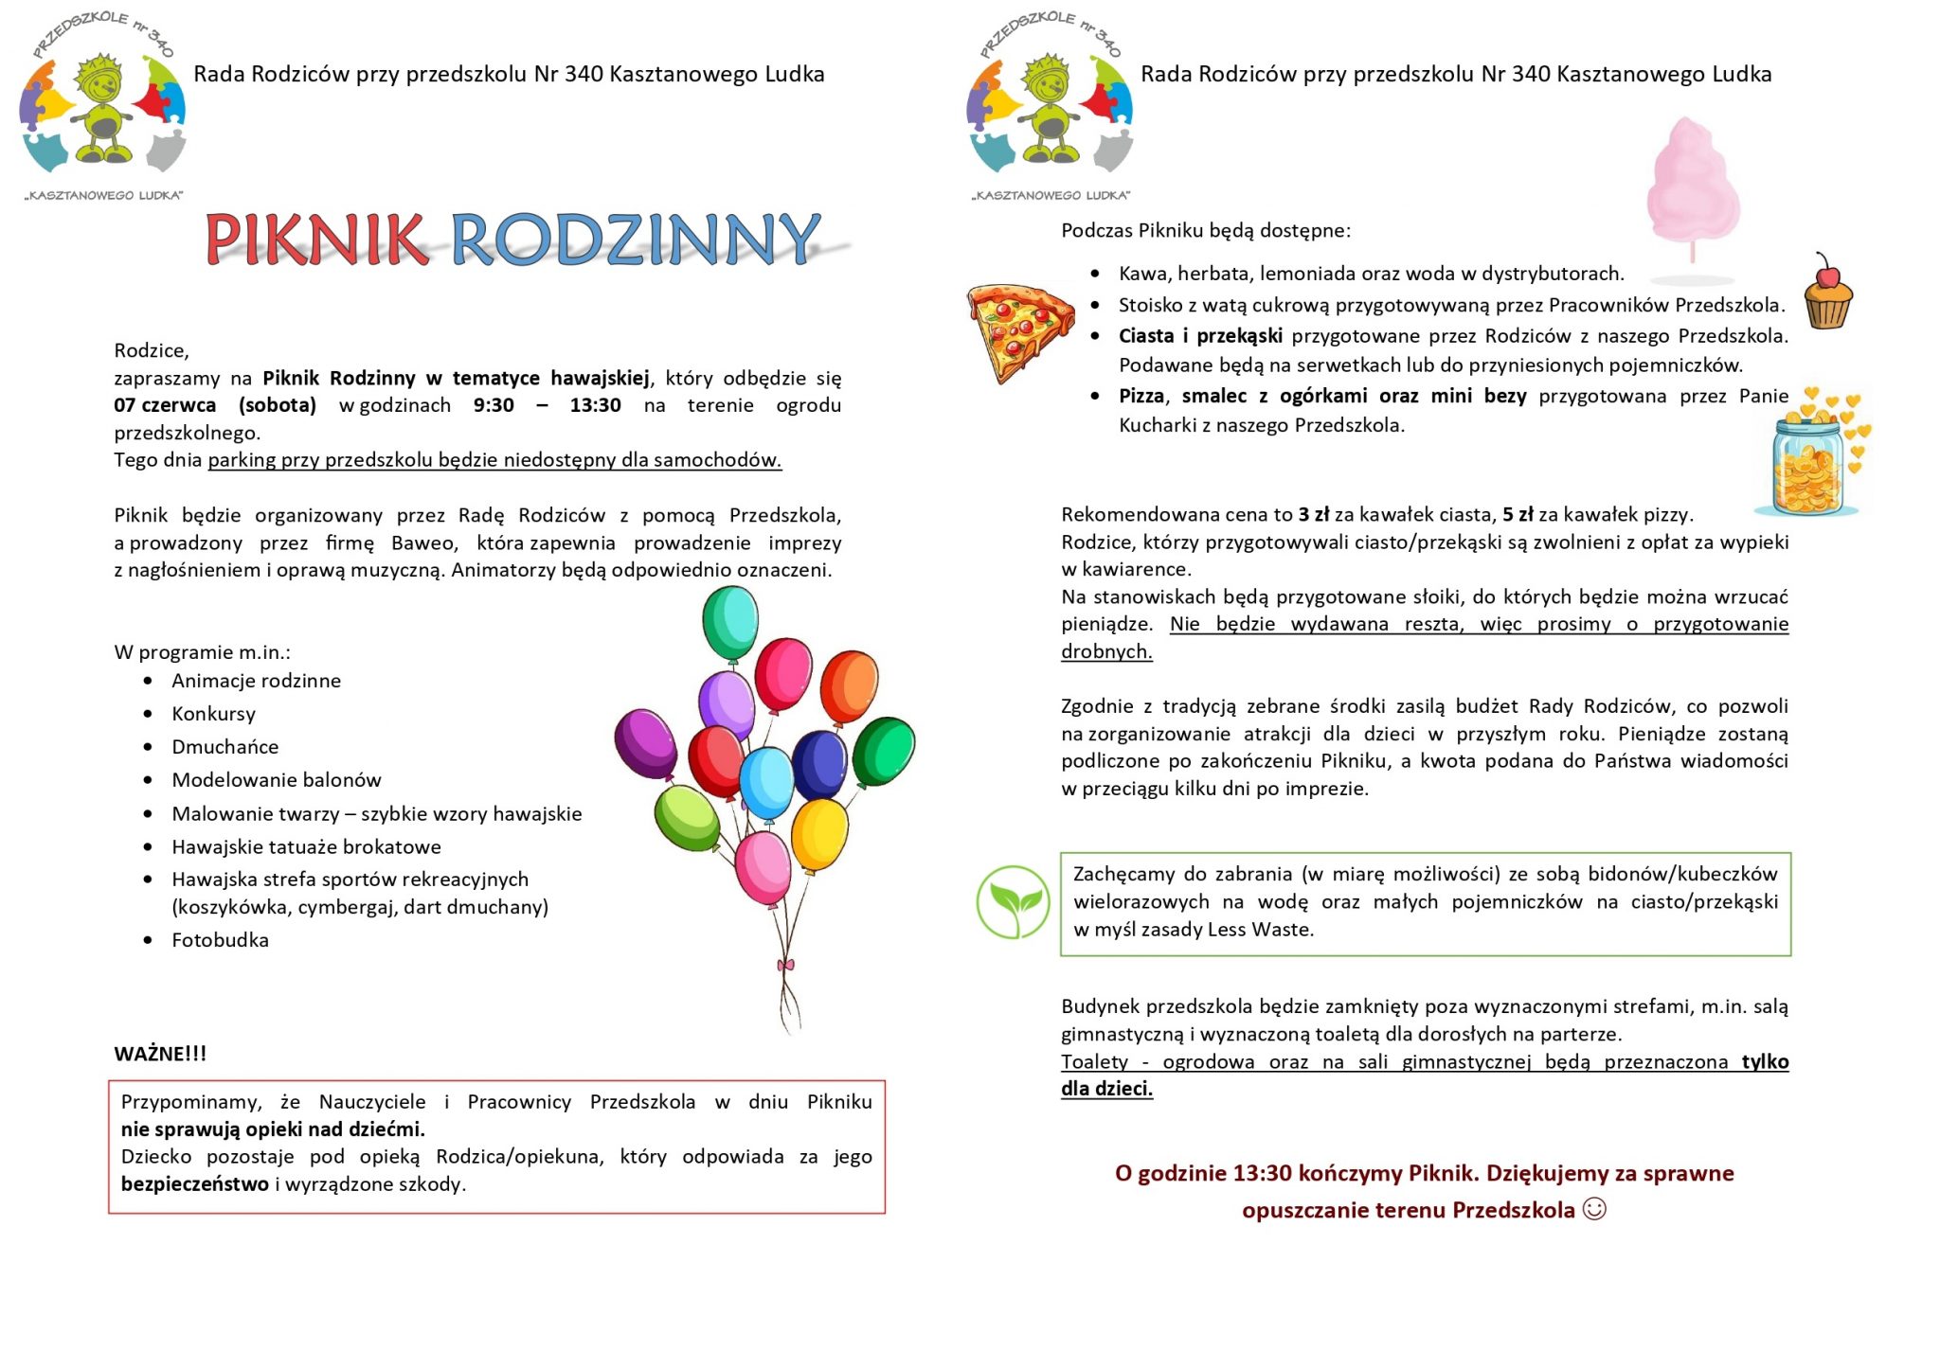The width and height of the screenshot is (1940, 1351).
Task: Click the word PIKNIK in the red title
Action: click(x=315, y=239)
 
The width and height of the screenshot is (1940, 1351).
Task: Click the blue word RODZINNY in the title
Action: click(x=635, y=239)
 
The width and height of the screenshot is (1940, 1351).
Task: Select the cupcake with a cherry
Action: click(x=1827, y=293)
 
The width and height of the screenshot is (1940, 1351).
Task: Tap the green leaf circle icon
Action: click(x=1013, y=901)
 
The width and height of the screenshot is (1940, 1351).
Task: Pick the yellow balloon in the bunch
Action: click(x=819, y=832)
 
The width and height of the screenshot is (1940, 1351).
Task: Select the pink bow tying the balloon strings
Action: click(x=785, y=965)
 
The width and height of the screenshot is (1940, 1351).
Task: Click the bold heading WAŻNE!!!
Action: click(x=160, y=1054)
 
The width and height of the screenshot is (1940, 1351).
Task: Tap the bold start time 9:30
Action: click(x=494, y=405)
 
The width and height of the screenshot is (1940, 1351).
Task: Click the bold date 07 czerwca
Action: click(x=165, y=405)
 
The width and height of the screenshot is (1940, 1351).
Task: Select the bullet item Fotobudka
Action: click(x=220, y=940)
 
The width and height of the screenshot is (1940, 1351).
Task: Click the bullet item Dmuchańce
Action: click(x=225, y=747)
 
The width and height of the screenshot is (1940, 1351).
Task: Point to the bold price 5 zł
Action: click(x=1518, y=514)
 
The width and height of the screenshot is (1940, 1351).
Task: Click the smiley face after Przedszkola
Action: click(x=1594, y=1209)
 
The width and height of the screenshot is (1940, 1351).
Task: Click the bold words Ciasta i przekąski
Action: click(x=1200, y=336)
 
